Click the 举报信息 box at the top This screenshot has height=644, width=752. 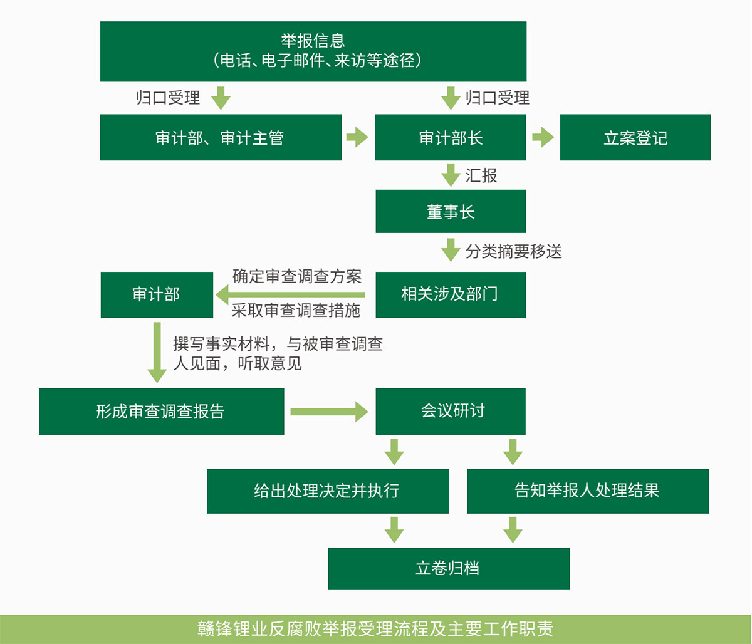tap(313, 51)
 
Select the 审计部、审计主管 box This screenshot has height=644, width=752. tap(220, 137)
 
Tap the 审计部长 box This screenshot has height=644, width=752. tap(450, 137)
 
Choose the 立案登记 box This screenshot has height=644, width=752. tap(635, 137)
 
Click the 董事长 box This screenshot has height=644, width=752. tap(450, 212)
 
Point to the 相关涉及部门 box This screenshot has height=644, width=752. tap(450, 294)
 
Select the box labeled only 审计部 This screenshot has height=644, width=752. tap(156, 294)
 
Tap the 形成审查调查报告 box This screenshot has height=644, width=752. tap(161, 412)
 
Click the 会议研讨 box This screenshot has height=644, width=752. tap(450, 412)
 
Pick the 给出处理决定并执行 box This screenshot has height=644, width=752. tap(327, 491)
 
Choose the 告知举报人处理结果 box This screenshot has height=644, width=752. tap(587, 491)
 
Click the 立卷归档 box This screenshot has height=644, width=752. tap(448, 568)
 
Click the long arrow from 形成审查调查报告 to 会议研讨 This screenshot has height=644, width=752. tap(329, 412)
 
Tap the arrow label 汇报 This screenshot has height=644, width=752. tap(481, 175)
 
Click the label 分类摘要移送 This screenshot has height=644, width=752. tap(514, 251)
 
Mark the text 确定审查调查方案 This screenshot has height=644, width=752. tap(297, 276)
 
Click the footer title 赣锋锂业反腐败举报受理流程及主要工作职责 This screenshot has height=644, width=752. tap(375, 629)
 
